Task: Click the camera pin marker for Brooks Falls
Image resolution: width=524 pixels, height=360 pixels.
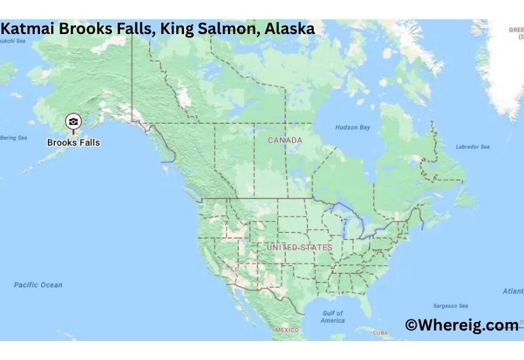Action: (x=73, y=122)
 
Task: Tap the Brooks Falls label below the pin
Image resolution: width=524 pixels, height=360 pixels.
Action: (x=73, y=141)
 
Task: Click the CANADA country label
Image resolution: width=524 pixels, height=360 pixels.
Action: (x=285, y=140)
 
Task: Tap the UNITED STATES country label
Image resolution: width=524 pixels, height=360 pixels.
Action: (x=299, y=247)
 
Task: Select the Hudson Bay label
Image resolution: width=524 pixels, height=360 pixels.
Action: (x=352, y=127)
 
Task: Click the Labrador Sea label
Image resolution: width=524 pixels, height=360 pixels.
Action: (x=472, y=147)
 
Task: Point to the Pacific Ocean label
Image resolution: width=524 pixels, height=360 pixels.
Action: (x=39, y=285)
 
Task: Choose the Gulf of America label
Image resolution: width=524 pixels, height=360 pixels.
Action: (x=332, y=317)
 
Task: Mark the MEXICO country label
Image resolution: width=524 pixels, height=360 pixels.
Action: (x=288, y=330)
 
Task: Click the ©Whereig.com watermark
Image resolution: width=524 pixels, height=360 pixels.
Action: (x=461, y=325)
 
